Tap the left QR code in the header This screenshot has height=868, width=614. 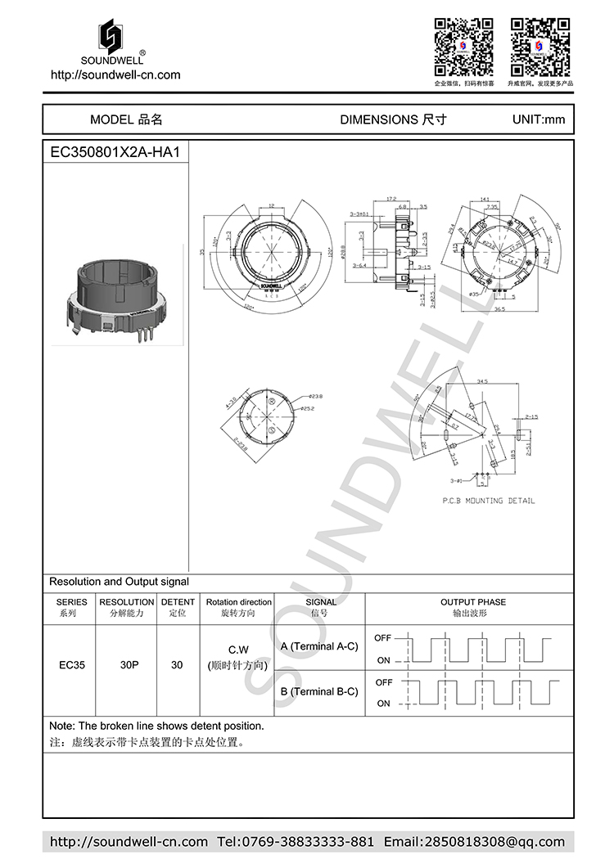click(463, 45)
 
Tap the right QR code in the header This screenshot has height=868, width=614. click(540, 45)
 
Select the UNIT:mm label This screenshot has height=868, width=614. click(538, 119)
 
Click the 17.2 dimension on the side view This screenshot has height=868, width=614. click(391, 199)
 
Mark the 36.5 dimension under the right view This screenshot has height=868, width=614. click(499, 309)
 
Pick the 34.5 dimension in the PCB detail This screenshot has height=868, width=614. click(482, 381)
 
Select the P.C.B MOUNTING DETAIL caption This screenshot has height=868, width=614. click(488, 501)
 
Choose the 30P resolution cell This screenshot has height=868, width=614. click(129, 665)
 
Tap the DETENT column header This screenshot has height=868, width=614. click(177, 607)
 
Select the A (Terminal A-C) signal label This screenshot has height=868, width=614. click(318, 646)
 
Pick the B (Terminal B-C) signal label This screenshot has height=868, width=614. click(318, 691)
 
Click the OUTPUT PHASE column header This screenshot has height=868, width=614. click(472, 607)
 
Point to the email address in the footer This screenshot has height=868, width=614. click(474, 842)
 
